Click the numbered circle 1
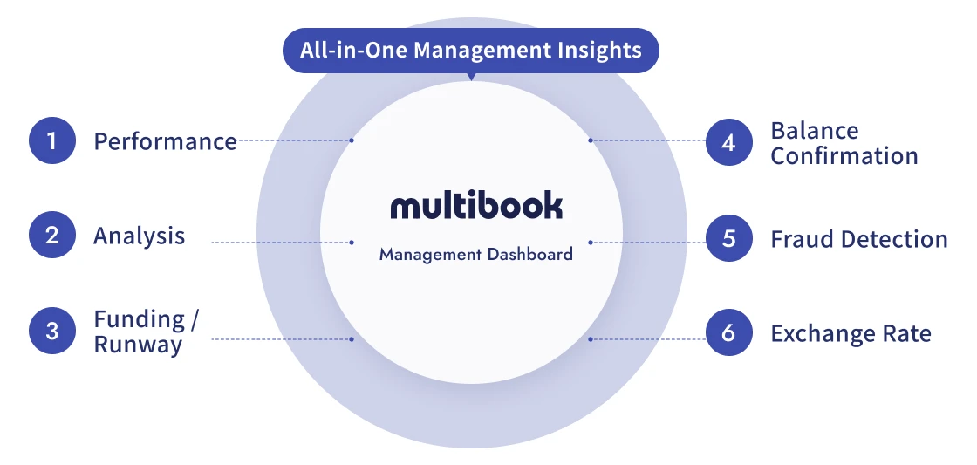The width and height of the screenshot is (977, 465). (52, 140)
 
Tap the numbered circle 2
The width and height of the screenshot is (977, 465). (52, 236)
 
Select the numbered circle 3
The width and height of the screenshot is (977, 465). (52, 332)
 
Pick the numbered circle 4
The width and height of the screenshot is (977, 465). (729, 142)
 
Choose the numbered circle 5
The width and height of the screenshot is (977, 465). (729, 238)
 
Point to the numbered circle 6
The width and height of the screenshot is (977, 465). (729, 333)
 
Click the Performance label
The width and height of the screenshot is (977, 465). (165, 141)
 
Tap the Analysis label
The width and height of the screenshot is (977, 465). (140, 236)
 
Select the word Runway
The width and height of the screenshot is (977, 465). (138, 345)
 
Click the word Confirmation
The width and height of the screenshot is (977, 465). (844, 156)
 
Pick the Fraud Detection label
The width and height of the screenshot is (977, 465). (858, 239)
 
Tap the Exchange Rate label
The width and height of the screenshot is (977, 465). (851, 333)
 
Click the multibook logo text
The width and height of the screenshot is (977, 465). (476, 207)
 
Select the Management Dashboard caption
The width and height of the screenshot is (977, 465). (476, 255)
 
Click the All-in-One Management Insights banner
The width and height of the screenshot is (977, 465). (471, 50)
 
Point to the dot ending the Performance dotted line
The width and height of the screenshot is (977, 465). (352, 140)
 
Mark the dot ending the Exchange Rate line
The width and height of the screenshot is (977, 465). (591, 338)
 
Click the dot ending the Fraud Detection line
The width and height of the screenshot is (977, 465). (591, 243)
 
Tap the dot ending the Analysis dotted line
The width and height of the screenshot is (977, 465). (352, 243)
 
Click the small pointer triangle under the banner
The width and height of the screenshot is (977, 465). (471, 77)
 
